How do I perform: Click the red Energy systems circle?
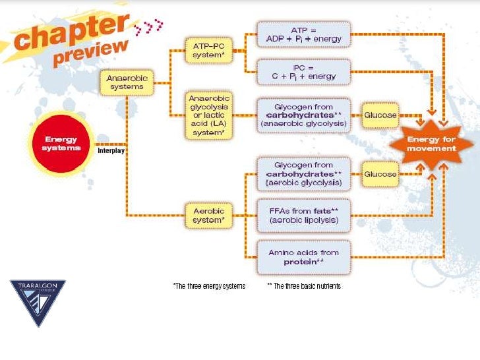(61, 143)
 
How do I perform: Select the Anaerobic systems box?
(127, 82)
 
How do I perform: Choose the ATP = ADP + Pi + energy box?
(303, 34)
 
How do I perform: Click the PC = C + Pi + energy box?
(303, 71)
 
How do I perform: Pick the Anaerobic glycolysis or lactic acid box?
(209, 114)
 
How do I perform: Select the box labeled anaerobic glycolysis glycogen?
(304, 115)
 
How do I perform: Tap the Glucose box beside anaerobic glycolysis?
(380, 115)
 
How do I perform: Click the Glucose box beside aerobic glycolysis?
(380, 174)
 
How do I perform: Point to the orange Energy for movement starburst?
(431, 144)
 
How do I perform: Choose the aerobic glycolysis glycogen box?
(304, 173)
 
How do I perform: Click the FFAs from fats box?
(304, 215)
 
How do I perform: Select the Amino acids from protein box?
(304, 256)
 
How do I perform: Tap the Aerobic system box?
(209, 215)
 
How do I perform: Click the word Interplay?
(111, 150)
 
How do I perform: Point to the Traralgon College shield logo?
(38, 301)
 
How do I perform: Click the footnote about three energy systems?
(208, 286)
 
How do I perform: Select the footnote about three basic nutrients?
(303, 286)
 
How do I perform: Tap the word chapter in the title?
(71, 33)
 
